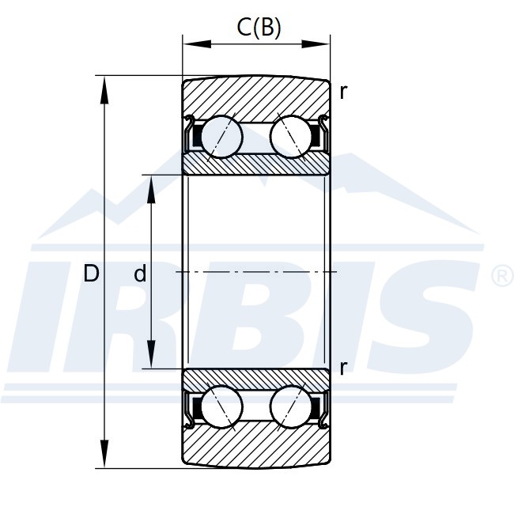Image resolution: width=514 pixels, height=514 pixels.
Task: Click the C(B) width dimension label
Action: tap(259, 28)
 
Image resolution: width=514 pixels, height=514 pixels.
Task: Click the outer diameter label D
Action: tap(91, 274)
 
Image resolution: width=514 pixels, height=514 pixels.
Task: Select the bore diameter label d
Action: tap(140, 274)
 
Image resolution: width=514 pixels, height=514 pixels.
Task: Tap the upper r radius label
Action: tap(343, 93)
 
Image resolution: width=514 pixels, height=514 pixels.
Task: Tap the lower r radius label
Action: tap(343, 368)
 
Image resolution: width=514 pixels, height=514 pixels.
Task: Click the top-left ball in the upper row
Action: tap(222, 136)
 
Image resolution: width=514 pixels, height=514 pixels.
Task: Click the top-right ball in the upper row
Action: tap(291, 136)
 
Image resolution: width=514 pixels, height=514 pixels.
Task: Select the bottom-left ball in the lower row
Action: tap(222, 407)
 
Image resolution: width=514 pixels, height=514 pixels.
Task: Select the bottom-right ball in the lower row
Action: tap(291, 407)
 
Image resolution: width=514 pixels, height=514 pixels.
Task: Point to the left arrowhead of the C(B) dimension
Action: tap(197, 44)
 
